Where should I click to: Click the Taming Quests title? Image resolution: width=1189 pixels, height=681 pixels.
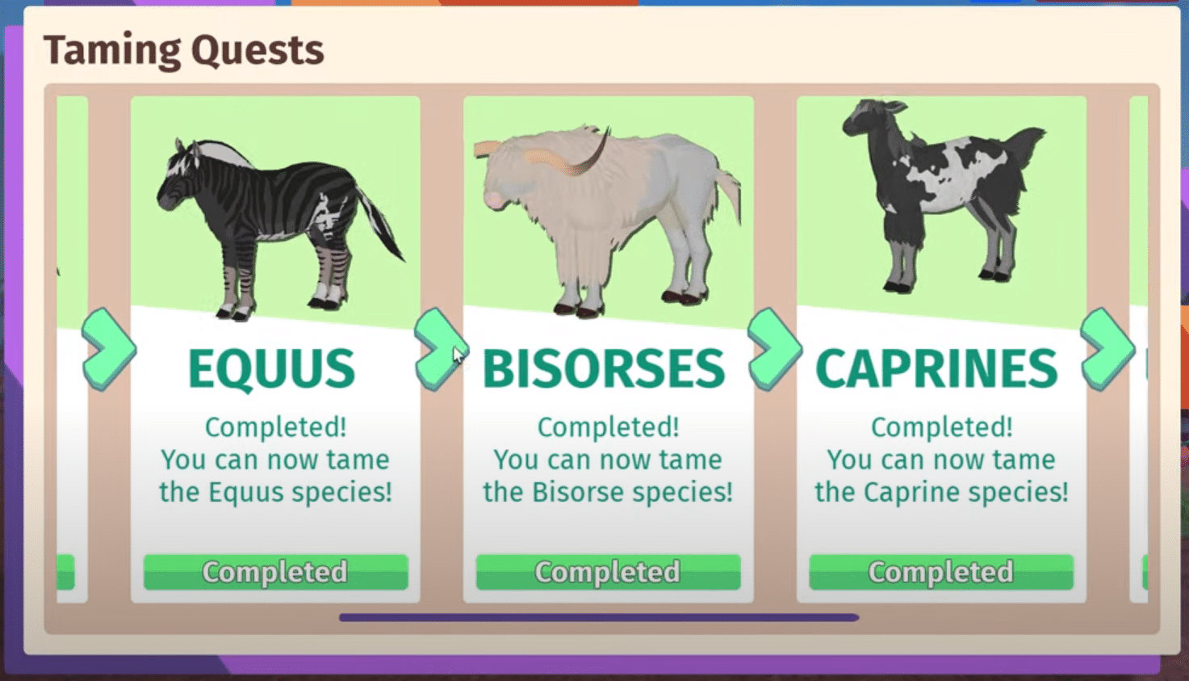tap(184, 50)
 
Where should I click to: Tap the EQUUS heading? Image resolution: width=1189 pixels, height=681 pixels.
tap(271, 369)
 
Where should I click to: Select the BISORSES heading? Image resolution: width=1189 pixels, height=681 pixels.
tap(604, 369)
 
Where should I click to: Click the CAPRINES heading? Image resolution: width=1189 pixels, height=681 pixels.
tap(936, 369)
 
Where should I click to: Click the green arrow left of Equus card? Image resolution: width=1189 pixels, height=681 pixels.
tap(108, 349)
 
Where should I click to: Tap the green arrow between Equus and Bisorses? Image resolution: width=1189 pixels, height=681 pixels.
tap(440, 349)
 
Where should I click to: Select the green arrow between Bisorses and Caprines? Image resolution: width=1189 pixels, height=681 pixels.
tap(773, 349)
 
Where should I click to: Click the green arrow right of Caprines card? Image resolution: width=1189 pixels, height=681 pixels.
tap(1107, 349)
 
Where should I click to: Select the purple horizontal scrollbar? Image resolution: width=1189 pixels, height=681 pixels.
tap(598, 618)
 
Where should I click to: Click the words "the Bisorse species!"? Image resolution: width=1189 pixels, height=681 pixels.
tap(608, 492)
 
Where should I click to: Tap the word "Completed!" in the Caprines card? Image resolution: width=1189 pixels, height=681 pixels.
tap(941, 427)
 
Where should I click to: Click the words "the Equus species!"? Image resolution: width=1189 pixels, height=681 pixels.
tap(275, 492)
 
